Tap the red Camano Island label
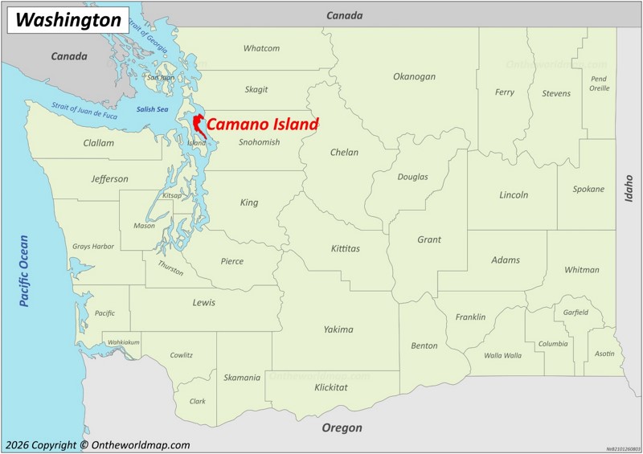click(x=263, y=125)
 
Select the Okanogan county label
click(x=414, y=76)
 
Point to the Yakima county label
click(x=338, y=329)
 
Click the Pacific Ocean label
click(x=23, y=271)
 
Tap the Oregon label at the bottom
click(x=342, y=428)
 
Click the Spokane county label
click(x=588, y=190)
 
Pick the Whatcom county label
click(x=261, y=48)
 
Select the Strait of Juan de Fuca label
click(x=84, y=111)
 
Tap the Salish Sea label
click(x=152, y=109)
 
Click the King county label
click(x=249, y=202)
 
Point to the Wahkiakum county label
click(x=124, y=342)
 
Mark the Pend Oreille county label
click(x=599, y=84)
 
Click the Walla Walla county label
click(x=502, y=355)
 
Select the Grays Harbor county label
click(x=93, y=247)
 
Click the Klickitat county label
click(x=331, y=387)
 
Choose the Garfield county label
click(x=575, y=313)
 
